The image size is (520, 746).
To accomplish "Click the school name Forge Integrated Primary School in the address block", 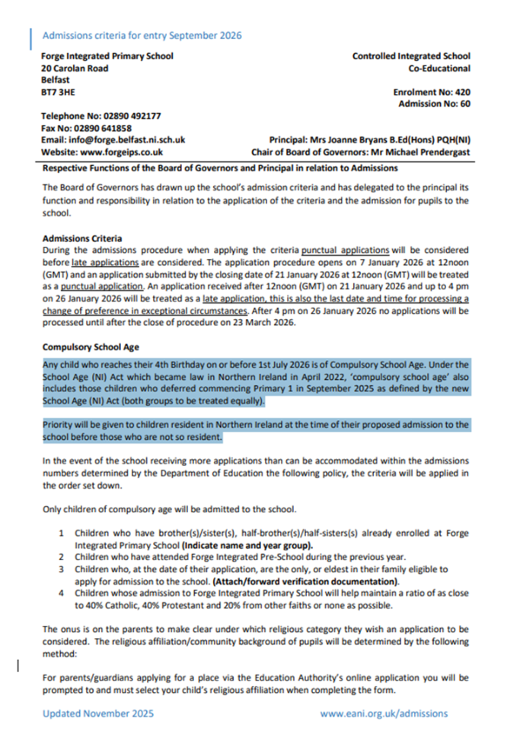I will [x=107, y=56].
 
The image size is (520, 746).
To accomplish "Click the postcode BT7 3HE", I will [x=58, y=91].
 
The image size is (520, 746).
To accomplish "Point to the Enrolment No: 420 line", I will [x=431, y=91].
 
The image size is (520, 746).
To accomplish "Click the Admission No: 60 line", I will [x=434, y=104].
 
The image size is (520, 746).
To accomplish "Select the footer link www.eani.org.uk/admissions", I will [x=384, y=713].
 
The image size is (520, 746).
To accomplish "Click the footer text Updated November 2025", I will [x=97, y=713].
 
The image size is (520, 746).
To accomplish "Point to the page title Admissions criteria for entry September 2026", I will [x=142, y=35].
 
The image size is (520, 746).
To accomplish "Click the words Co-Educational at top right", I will [x=439, y=69].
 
